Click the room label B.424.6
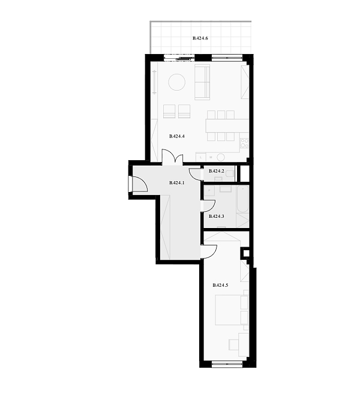click(x=200, y=38)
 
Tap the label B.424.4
click(x=177, y=136)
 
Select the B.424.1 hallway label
click(x=176, y=183)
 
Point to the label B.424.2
click(x=217, y=171)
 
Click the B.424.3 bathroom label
click(x=217, y=216)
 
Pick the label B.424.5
click(x=220, y=285)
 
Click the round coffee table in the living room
click(x=177, y=82)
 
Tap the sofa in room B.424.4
click(x=202, y=82)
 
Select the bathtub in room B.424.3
click(x=242, y=199)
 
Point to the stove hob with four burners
click(x=245, y=143)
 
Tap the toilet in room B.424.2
click(x=230, y=173)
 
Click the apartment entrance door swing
click(x=140, y=184)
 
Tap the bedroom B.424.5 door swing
click(x=209, y=252)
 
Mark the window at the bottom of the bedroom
click(x=227, y=364)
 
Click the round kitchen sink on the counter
click(x=221, y=157)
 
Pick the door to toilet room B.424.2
click(x=194, y=175)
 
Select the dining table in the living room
click(x=227, y=126)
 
